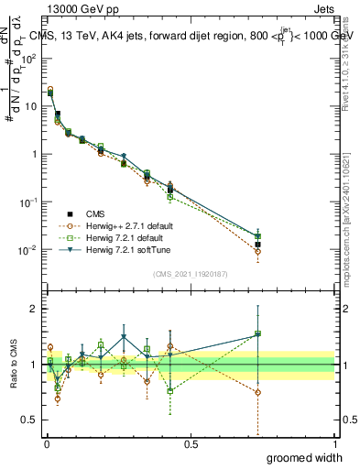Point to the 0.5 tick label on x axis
click(191, 444)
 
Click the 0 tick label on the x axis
click(47, 444)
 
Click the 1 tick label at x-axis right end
click(334, 444)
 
